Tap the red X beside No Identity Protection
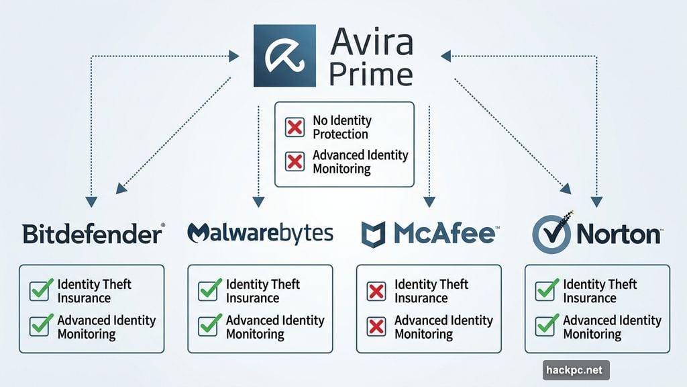click(295, 127)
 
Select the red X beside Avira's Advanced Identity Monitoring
click(295, 162)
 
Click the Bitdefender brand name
click(93, 234)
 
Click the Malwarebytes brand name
click(260, 233)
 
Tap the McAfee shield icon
click(374, 234)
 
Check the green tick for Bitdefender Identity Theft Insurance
click(40, 290)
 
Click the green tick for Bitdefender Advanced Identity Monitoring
click(40, 326)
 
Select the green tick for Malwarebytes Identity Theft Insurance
click(209, 290)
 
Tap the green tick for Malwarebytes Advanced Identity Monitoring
click(209, 326)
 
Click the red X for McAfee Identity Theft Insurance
click(377, 291)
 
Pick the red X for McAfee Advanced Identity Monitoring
click(377, 327)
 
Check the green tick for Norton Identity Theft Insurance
click(545, 290)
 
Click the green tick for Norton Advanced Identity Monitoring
click(545, 326)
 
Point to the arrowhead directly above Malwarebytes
click(258, 200)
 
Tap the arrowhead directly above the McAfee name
click(429, 200)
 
